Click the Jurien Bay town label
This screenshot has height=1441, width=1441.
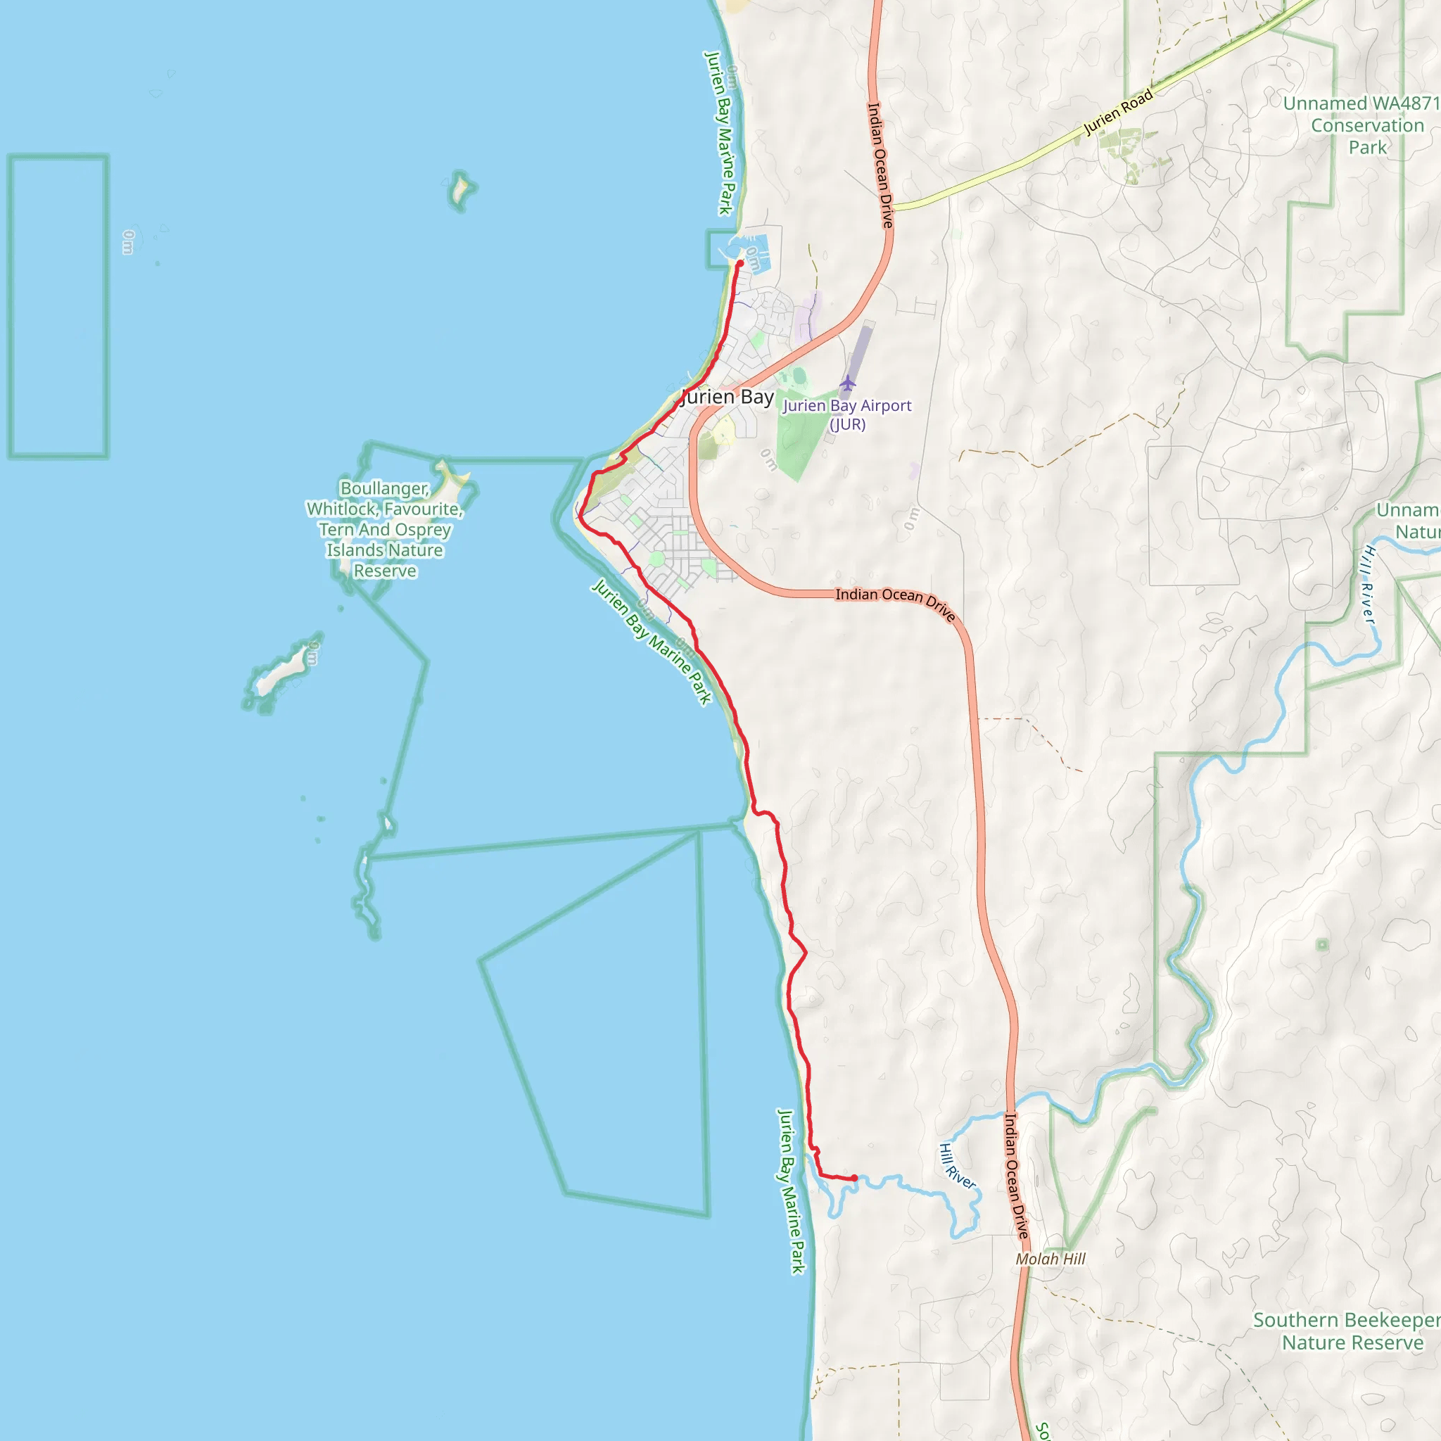coord(728,397)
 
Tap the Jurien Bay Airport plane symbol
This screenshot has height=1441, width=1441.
coord(847,383)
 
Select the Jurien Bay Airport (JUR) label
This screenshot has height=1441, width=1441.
coord(847,414)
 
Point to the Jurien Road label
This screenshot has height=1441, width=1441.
coord(1118,113)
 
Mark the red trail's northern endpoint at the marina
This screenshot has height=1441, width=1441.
coord(740,263)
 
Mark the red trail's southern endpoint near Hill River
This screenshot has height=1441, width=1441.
coord(854,1179)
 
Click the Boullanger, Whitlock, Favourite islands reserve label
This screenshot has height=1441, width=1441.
coord(385,530)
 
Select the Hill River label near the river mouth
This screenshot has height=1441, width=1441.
coord(957,1167)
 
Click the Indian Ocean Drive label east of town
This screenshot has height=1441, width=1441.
coord(895,603)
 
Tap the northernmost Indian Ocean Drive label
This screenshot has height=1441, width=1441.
coord(880,164)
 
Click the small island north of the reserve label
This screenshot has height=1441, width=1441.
coord(461,189)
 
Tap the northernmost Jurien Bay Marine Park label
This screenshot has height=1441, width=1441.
coord(720,133)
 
